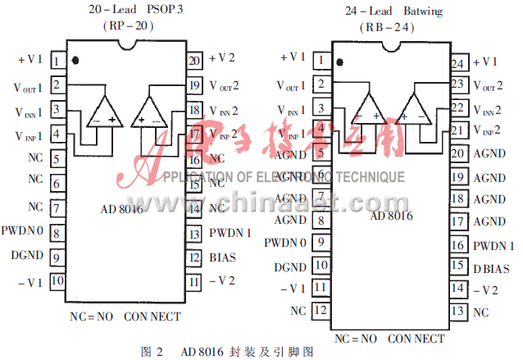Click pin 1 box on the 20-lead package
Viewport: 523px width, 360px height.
click(57, 61)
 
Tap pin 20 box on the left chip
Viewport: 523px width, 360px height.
click(194, 60)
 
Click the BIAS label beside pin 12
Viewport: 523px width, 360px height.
click(222, 257)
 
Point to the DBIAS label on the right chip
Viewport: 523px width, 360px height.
click(490, 268)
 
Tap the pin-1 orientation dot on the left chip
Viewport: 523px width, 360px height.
click(75, 60)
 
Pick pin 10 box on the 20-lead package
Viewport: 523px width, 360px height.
click(57, 280)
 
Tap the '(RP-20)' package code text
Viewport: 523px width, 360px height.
click(126, 25)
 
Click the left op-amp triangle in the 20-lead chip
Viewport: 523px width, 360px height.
click(105, 110)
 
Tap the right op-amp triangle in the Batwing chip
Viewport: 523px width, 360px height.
click(415, 107)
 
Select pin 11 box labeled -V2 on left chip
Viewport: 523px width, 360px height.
click(194, 281)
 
